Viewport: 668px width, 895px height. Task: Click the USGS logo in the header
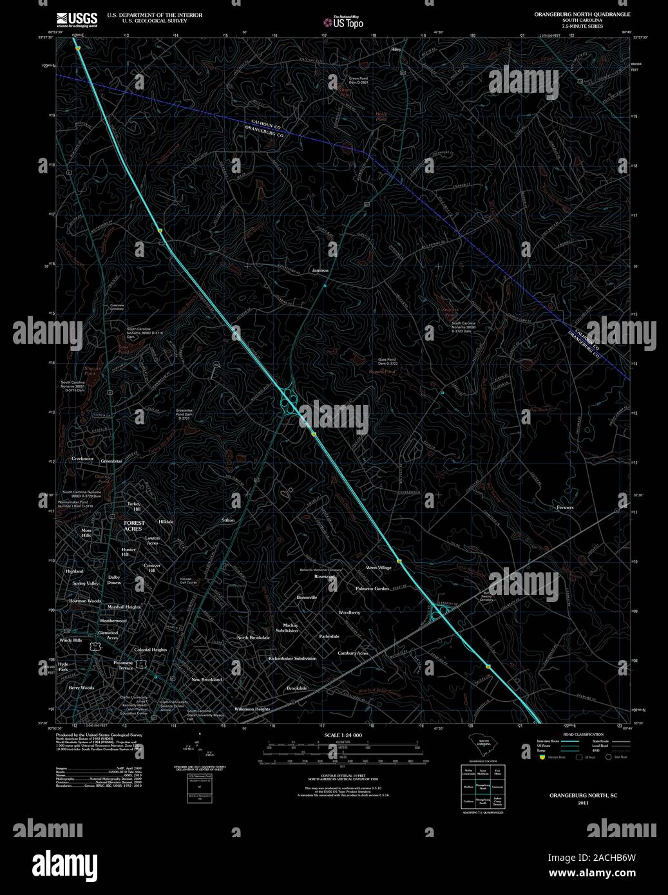(x=77, y=19)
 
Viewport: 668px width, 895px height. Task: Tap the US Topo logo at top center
(x=343, y=22)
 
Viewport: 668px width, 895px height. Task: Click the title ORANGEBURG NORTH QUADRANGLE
(x=577, y=14)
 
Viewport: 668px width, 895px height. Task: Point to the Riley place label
(x=395, y=49)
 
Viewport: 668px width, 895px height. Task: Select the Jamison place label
(x=320, y=270)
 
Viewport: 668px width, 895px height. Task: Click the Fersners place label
(x=565, y=507)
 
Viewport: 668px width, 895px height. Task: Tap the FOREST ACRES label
(x=134, y=526)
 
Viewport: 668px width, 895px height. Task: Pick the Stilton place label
(x=228, y=520)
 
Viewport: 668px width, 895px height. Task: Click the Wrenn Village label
(x=379, y=568)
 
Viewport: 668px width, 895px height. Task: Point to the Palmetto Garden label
(x=372, y=589)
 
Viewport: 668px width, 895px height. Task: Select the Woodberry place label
(x=349, y=612)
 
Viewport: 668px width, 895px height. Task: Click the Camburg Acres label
(x=353, y=653)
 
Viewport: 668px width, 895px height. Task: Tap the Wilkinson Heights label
(x=252, y=709)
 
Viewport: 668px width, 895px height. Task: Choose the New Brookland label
(x=206, y=679)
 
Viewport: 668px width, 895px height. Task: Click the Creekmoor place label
(x=82, y=458)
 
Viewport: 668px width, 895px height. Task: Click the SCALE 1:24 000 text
(x=343, y=735)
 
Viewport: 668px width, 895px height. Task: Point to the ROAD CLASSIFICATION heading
(x=583, y=735)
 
